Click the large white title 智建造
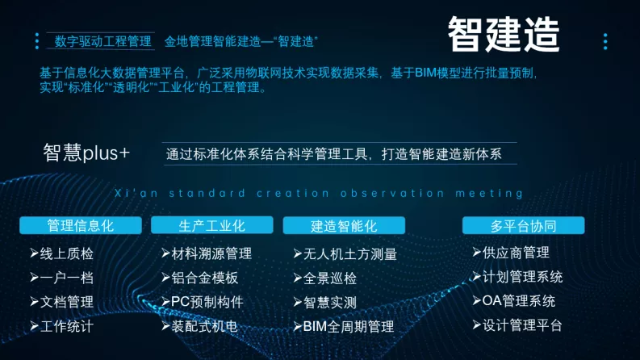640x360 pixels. click(504, 34)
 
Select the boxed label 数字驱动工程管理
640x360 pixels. click(102, 41)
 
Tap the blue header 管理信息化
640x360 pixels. click(81, 225)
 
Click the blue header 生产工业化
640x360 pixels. click(211, 225)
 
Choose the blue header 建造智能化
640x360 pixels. click(344, 226)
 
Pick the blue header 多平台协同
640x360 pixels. click(523, 225)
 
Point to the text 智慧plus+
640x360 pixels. click(86, 153)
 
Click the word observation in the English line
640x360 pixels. click(393, 193)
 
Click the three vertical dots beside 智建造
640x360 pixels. click(605, 42)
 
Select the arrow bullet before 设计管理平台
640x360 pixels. click(477, 325)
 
